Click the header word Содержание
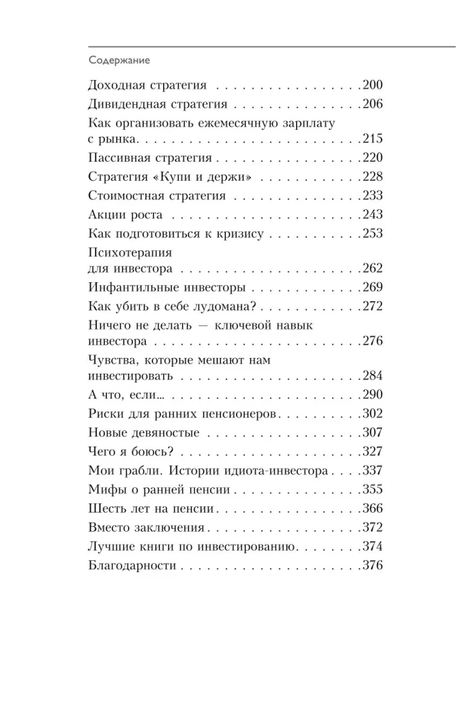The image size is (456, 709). pos(119,61)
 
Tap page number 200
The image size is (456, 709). pos(372,86)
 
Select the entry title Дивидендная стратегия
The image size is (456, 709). pos(158,104)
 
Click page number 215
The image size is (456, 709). pos(372,138)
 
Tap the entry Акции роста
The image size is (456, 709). pos(126,214)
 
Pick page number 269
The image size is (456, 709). pos(372,287)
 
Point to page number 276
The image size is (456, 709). pos(372,341)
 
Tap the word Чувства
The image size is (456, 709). pos(114,359)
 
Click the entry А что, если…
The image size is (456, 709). pos(128,395)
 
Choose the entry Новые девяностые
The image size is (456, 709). pos(144,432)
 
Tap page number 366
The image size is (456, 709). pos(372,508)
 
